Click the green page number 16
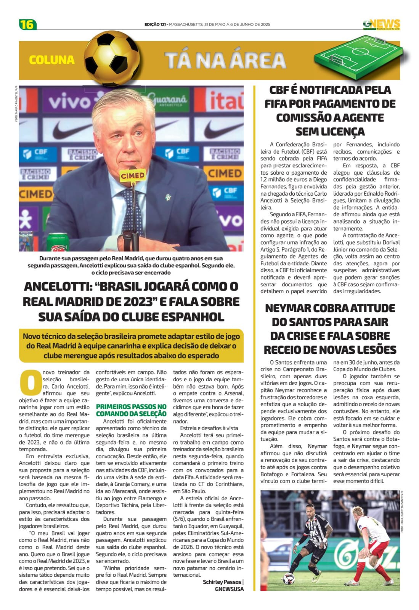click(27, 24)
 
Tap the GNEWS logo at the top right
click(382, 24)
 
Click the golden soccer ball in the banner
click(112, 58)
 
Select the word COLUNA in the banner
click(52, 60)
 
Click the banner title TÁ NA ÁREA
click(225, 61)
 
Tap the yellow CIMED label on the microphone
click(133, 176)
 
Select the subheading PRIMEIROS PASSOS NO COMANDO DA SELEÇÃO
click(131, 410)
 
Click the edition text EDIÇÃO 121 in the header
click(155, 24)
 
